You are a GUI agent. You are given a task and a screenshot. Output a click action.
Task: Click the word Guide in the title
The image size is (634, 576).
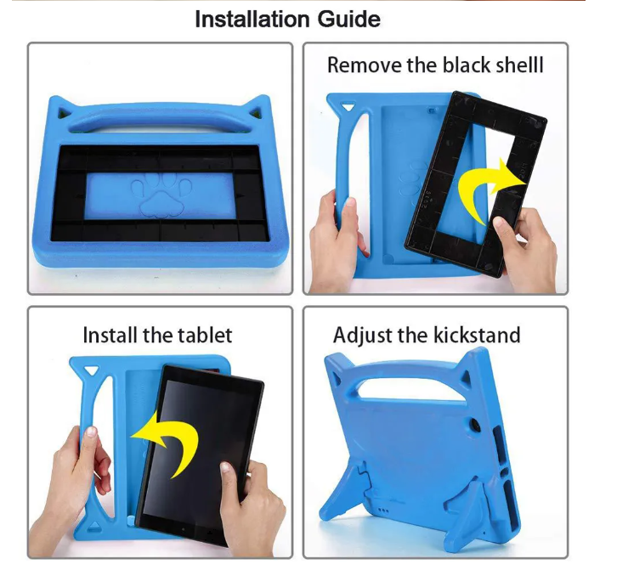click(349, 20)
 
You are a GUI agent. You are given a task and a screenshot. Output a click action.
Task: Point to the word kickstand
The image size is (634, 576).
click(477, 335)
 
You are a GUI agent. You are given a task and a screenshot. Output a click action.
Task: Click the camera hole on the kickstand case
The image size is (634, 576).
click(475, 426)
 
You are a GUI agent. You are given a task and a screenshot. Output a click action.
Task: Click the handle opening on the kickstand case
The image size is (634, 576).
click(410, 387)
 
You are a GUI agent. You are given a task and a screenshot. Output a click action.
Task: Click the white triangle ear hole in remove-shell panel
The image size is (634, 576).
click(347, 108)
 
